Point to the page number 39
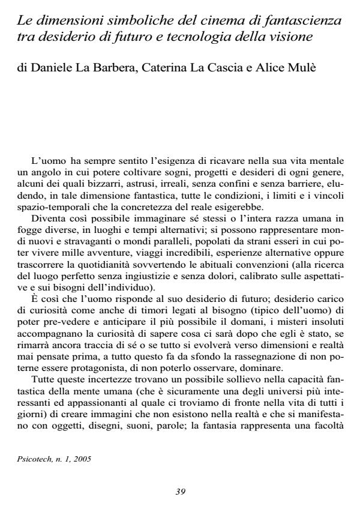click(x=180, y=492)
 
